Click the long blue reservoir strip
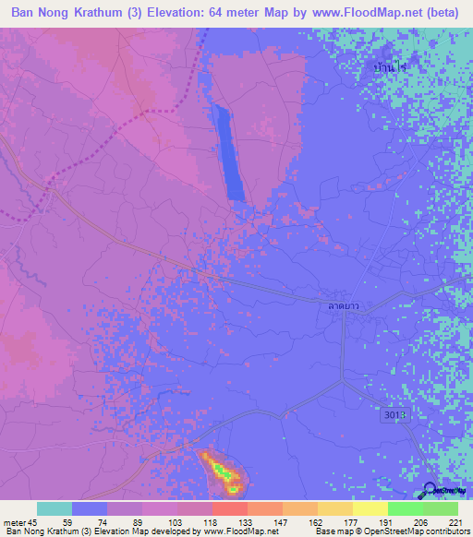[x=228, y=151]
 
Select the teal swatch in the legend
[x=55, y=509]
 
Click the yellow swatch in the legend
[x=370, y=509]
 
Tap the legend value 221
[x=455, y=521]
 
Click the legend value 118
[x=209, y=521]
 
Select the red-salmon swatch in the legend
[x=228, y=509]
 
